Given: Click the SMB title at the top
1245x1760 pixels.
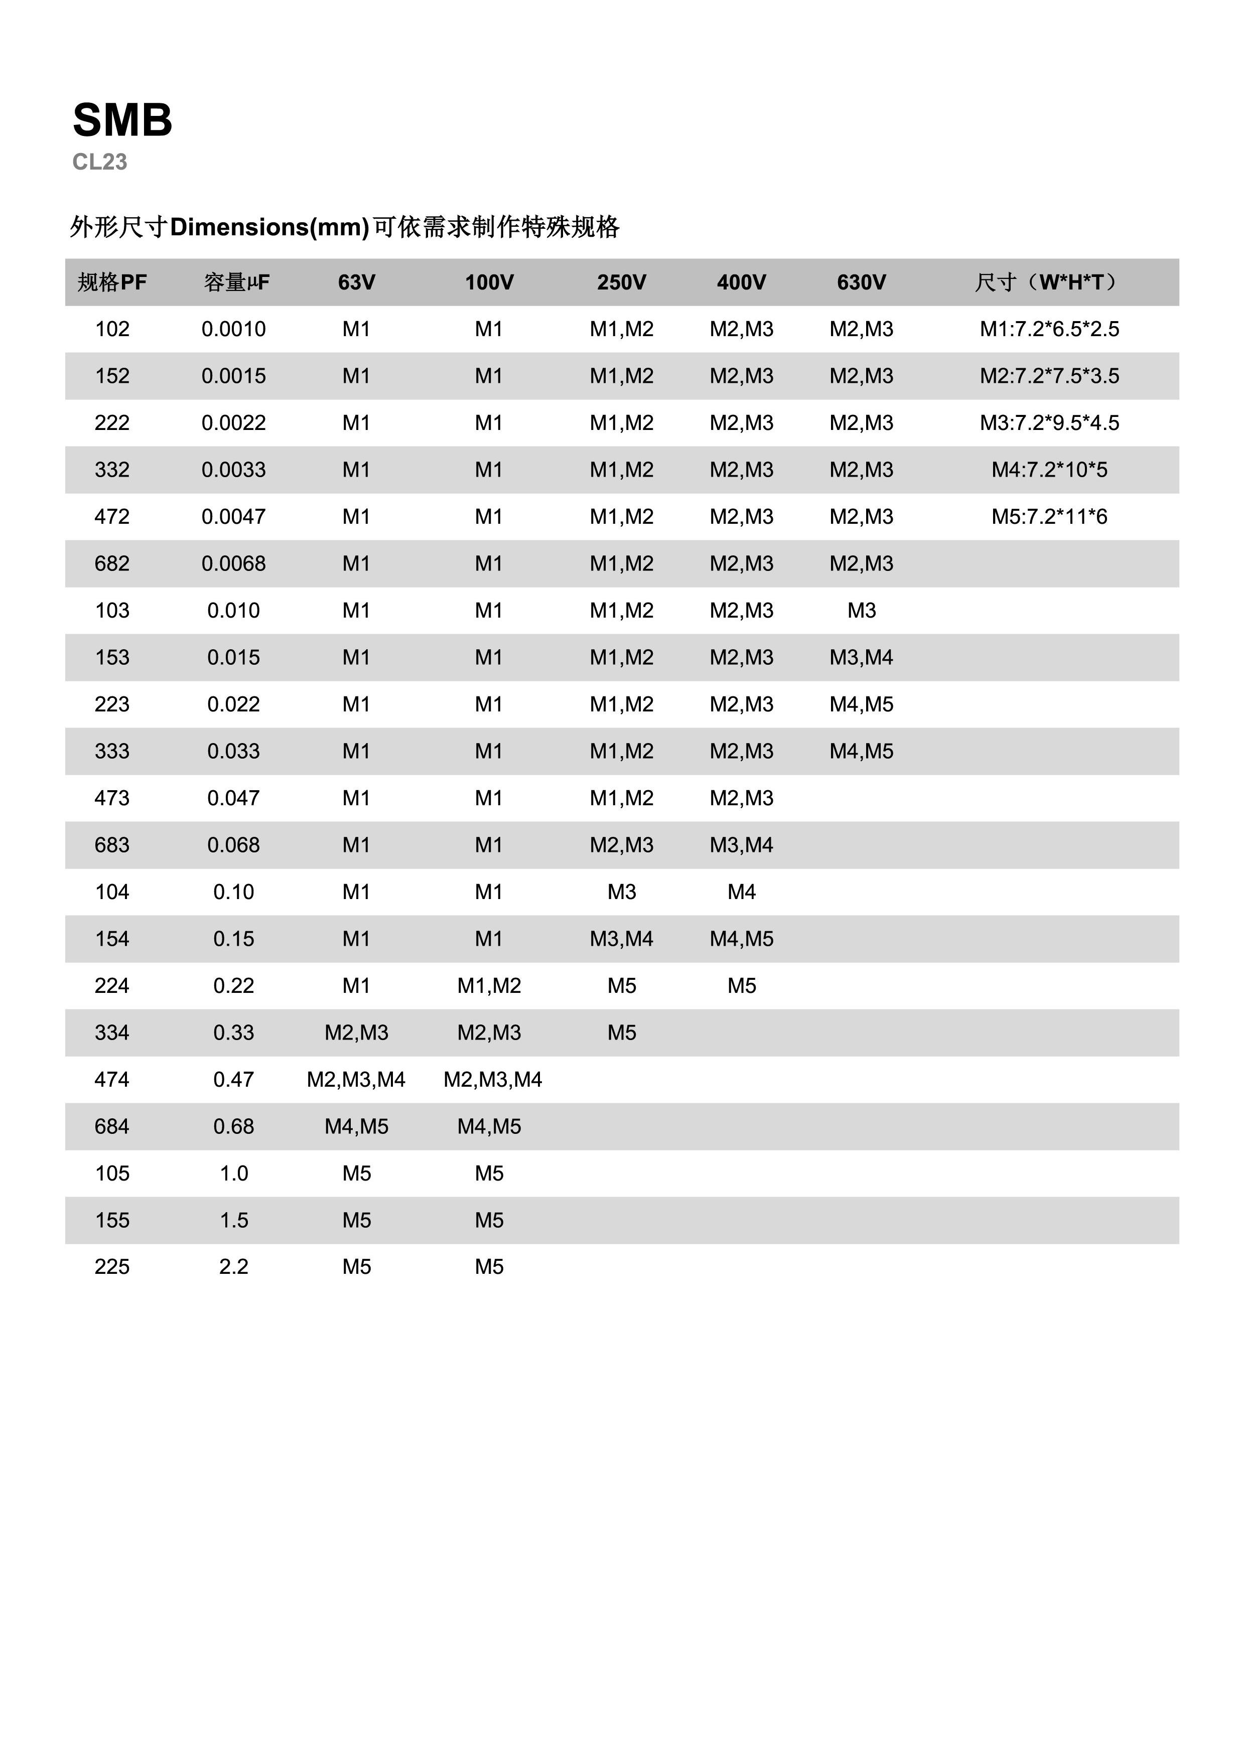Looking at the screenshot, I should click(x=122, y=120).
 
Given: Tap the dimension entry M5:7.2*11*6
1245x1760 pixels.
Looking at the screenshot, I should click(x=1049, y=517).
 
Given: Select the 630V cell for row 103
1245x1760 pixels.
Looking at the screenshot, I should click(x=861, y=611).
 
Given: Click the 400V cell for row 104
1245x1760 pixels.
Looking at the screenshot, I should click(x=741, y=892).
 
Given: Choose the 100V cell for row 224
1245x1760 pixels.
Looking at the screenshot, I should click(x=489, y=986).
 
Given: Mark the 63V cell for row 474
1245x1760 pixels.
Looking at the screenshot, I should click(x=356, y=1080).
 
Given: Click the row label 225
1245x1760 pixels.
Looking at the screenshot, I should click(x=112, y=1267).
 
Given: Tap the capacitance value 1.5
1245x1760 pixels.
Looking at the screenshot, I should click(x=234, y=1220).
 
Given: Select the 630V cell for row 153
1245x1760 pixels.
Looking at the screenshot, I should click(x=861, y=658).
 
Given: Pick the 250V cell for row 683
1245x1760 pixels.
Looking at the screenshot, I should click(x=622, y=845).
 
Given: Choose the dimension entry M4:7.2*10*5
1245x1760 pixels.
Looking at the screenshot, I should click(x=1049, y=470).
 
